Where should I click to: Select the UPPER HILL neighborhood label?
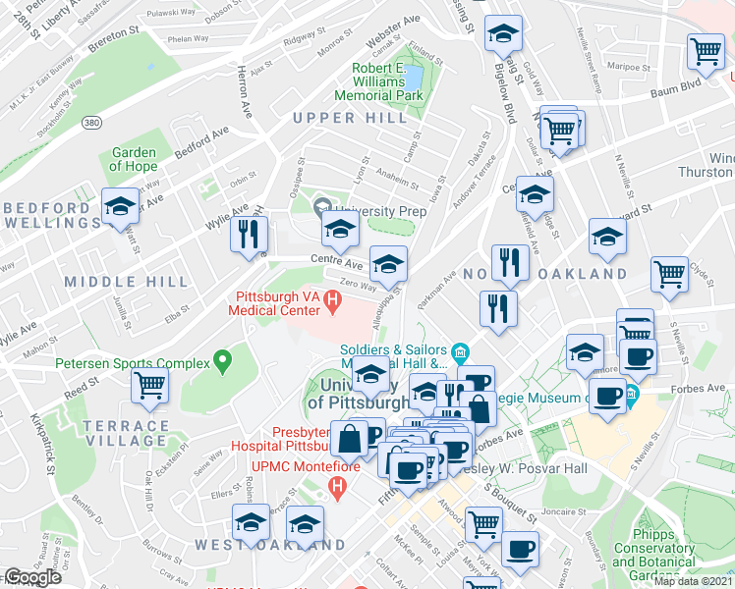350,118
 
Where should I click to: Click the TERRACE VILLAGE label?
125,433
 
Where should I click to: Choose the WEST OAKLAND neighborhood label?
269,544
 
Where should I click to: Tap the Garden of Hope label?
134,159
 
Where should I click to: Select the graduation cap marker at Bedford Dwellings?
120,207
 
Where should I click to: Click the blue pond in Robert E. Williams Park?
415,77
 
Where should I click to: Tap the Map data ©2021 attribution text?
694,581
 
